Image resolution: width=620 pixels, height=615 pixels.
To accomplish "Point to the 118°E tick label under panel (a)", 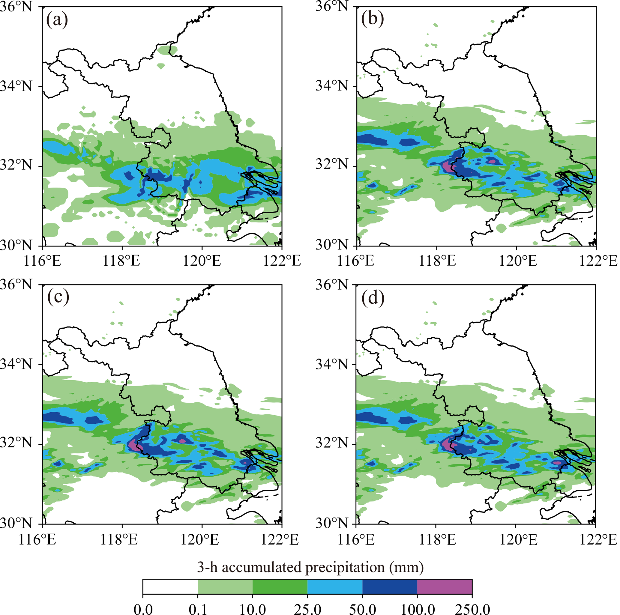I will click(121, 261).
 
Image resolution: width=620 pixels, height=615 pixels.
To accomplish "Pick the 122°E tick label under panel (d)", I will click(598, 540).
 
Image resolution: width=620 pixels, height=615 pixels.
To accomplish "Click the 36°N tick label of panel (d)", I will click(332, 284).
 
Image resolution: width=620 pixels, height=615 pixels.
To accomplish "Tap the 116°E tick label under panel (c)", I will click(37, 540).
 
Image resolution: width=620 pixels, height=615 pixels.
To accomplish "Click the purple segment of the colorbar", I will click(445, 587).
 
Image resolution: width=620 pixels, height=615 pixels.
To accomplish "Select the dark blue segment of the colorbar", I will click(390, 587).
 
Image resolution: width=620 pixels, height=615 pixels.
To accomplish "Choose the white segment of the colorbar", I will click(170, 587).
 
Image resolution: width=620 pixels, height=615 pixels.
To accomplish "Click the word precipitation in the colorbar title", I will click(345, 568).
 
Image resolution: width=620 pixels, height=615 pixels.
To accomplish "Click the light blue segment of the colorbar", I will click(335, 587).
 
